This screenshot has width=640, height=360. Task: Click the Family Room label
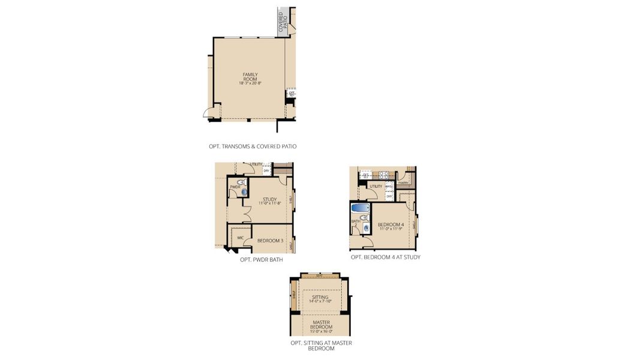pyautogui.click(x=250, y=77)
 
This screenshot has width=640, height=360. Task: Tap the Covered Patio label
pyautogui.click(x=281, y=22)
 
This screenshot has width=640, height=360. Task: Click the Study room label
pyautogui.click(x=269, y=199)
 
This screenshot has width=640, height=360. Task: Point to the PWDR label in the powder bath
pyautogui.click(x=235, y=187)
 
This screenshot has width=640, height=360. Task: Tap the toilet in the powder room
pyautogui.click(x=240, y=182)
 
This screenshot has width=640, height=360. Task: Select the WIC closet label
pyautogui.click(x=240, y=238)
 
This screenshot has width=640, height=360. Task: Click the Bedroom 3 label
pyautogui.click(x=270, y=241)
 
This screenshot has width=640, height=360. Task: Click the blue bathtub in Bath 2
pyautogui.click(x=360, y=208)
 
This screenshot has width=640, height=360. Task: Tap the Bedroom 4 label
pyautogui.click(x=390, y=224)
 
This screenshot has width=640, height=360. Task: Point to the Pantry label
pyautogui.click(x=403, y=183)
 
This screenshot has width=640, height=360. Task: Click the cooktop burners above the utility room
pyautogui.click(x=382, y=175)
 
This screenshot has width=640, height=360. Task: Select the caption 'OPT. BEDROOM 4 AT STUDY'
pyautogui.click(x=385, y=257)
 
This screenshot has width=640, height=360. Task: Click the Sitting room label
pyautogui.click(x=320, y=296)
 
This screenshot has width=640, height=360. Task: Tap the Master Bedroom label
pyautogui.click(x=321, y=325)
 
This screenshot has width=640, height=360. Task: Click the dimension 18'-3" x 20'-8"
pyautogui.click(x=250, y=83)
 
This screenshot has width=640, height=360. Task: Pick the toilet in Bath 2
pyautogui.click(x=364, y=217)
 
